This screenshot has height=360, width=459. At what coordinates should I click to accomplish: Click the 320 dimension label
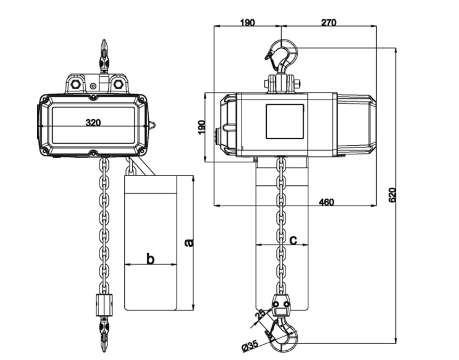[93, 122]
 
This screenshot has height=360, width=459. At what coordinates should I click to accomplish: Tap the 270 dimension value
[328, 22]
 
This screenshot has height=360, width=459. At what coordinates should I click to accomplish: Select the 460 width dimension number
[327, 202]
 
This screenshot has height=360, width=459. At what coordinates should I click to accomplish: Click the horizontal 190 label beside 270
[246, 22]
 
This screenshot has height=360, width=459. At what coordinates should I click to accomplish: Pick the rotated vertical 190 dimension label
[201, 128]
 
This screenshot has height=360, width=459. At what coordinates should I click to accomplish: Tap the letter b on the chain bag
[150, 259]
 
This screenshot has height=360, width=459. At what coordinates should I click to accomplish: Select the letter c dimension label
[293, 240]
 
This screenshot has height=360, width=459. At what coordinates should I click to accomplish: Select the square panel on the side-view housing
[284, 121]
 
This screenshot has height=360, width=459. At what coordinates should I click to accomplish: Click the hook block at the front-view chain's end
[104, 304]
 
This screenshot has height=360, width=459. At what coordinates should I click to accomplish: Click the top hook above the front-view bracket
[104, 56]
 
